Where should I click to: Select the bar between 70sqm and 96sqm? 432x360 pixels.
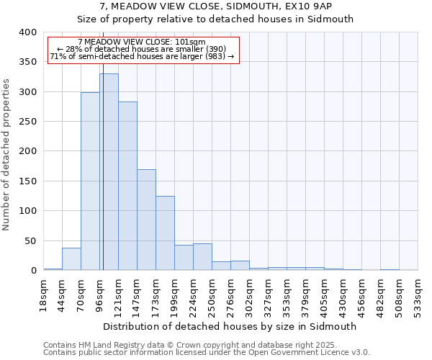(x=90, y=181)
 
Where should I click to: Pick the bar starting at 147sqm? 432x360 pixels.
(x=146, y=220)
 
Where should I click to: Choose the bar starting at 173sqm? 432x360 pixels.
(x=165, y=233)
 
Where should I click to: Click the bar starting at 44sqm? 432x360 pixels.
(x=71, y=258)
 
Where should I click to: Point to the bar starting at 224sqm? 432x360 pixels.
(x=202, y=257)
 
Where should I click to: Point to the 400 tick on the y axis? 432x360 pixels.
(x=27, y=32)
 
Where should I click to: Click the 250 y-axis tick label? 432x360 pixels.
(x=27, y=122)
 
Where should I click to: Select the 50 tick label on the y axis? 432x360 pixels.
(x=30, y=240)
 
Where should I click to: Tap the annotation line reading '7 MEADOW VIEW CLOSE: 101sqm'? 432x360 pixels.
(x=142, y=42)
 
